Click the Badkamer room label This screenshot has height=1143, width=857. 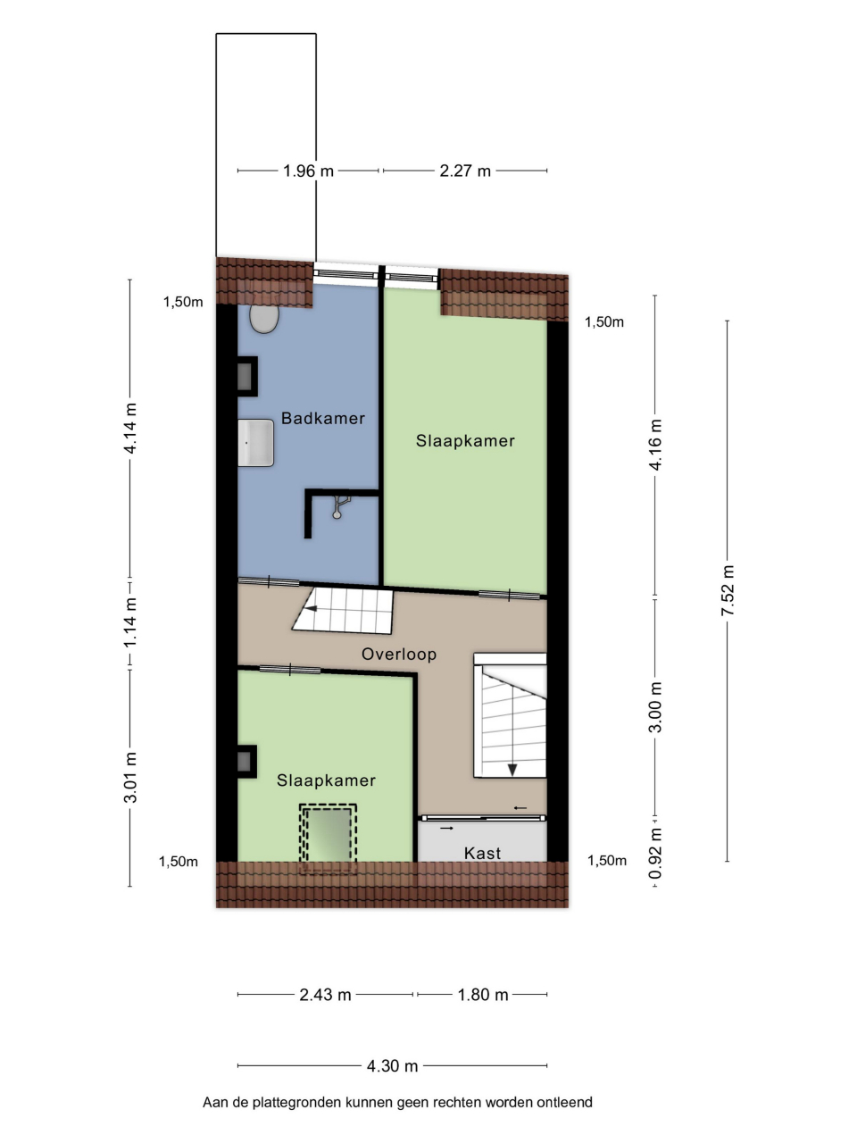pyautogui.click(x=322, y=418)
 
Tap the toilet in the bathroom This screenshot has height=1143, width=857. pyautogui.click(x=264, y=319)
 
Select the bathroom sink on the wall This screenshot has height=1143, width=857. pyautogui.click(x=255, y=443)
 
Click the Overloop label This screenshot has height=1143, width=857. pyautogui.click(x=398, y=654)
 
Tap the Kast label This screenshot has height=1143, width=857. pyautogui.click(x=482, y=853)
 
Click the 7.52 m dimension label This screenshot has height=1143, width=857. pyautogui.click(x=727, y=590)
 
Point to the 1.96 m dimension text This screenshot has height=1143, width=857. pyautogui.click(x=308, y=171)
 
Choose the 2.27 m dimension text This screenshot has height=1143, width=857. pyautogui.click(x=465, y=171)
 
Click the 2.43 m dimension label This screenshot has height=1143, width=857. pyautogui.click(x=325, y=995)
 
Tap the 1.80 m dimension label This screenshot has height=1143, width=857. pyautogui.click(x=483, y=995)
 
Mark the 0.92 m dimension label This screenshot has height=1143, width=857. pyautogui.click(x=655, y=854)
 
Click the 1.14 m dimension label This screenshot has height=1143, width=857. pyautogui.click(x=129, y=622)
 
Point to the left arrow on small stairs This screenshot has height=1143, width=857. pyautogui.click(x=311, y=608)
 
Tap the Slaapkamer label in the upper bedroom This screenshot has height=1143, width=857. pyautogui.click(x=465, y=440)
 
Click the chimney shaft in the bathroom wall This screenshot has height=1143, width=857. pyautogui.click(x=247, y=377)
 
